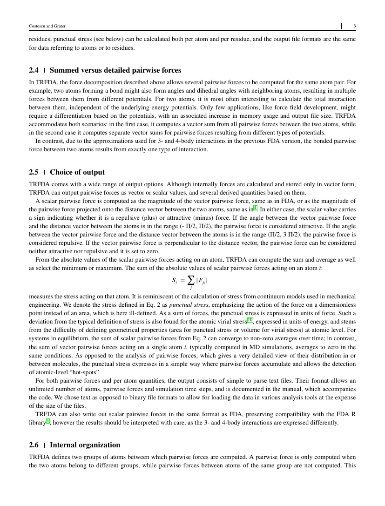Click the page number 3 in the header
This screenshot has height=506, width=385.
[355, 26]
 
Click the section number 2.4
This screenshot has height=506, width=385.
[34, 70]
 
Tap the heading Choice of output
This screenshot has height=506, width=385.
[77, 172]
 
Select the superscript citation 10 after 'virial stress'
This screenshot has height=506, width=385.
[250, 320]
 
